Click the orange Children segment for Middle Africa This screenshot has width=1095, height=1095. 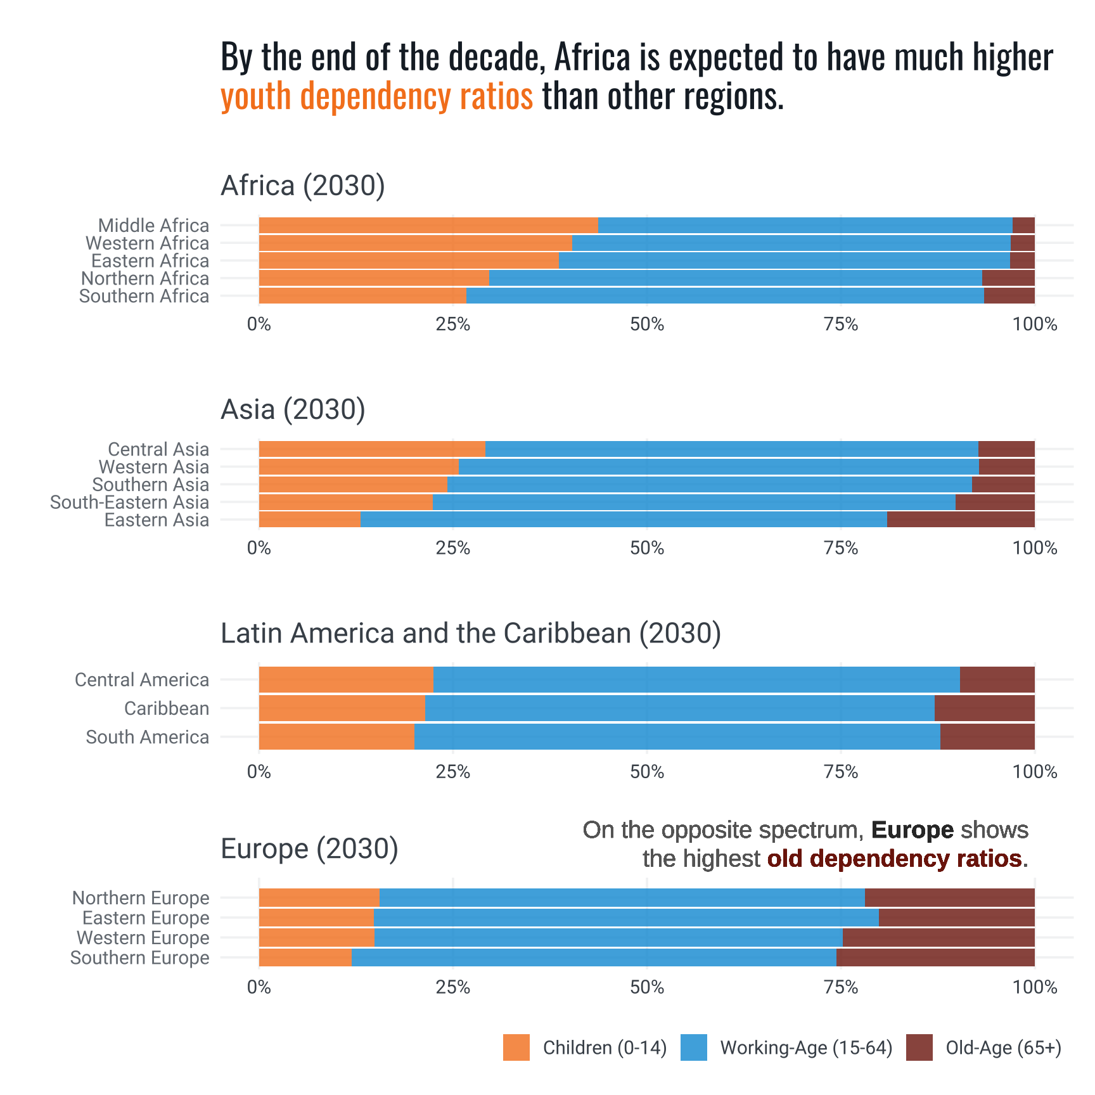click(x=428, y=226)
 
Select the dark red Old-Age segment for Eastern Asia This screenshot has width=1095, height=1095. click(x=961, y=520)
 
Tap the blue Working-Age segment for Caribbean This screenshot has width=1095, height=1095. click(x=679, y=708)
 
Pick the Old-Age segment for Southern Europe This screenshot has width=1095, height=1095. click(x=935, y=957)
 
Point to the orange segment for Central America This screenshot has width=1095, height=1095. click(x=346, y=680)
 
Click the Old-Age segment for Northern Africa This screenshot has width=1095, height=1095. click(x=1008, y=278)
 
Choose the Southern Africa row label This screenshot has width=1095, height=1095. click(x=144, y=297)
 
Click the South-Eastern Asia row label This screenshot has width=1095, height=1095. click(x=129, y=503)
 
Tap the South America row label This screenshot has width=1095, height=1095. click(x=147, y=737)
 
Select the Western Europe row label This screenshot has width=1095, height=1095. click(x=143, y=938)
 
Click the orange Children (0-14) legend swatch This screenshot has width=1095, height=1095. click(x=516, y=1047)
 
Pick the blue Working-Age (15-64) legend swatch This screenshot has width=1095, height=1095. click(x=693, y=1047)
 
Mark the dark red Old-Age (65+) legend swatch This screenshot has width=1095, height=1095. click(x=919, y=1047)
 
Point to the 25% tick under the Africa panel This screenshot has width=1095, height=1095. click(x=453, y=324)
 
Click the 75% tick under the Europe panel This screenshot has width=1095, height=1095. click(x=841, y=987)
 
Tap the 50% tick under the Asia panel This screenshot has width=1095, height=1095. click(x=647, y=548)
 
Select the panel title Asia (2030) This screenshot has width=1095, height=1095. click(x=293, y=409)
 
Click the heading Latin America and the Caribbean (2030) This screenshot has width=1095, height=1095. click(x=470, y=633)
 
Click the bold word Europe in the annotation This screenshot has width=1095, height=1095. click(x=912, y=830)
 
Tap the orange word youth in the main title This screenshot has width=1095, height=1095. click(x=257, y=96)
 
